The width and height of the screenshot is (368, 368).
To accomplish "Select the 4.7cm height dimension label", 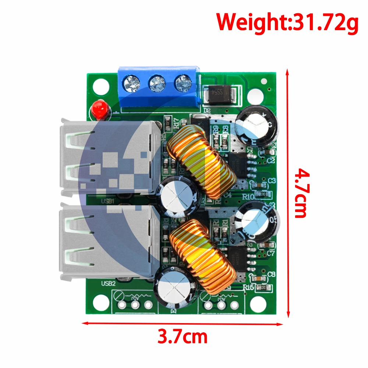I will coord(302,193).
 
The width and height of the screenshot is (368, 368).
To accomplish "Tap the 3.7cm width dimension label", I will coord(183,336).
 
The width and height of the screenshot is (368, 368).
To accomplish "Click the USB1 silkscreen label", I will coord(109,201).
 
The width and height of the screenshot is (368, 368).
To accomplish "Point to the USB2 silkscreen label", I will coord(108,284).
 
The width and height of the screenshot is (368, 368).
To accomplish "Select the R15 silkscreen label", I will coord(249,288).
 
